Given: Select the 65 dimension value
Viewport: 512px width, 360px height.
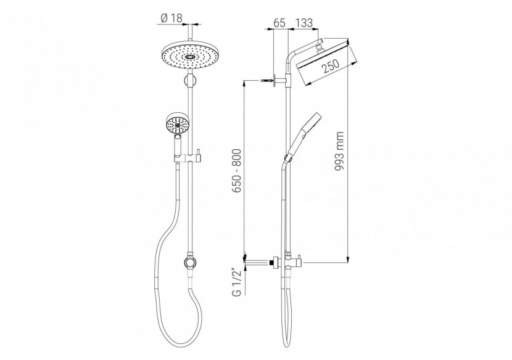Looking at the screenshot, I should [278, 23].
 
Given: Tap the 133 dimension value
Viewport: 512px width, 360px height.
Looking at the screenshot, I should [303, 23].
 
